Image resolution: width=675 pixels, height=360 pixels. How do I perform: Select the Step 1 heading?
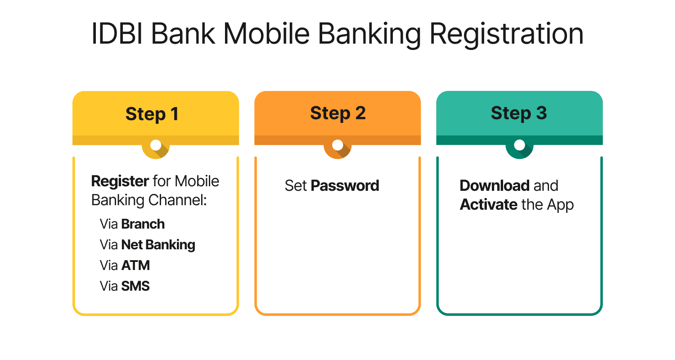coord(152,114)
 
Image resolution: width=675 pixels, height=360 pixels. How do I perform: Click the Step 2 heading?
coord(337,113)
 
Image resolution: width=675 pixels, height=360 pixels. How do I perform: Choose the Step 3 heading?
coord(519,113)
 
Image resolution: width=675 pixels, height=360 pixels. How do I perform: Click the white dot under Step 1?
coord(156,145)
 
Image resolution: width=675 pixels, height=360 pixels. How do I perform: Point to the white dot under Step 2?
coord(337,145)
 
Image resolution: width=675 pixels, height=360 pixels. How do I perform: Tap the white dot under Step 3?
coord(519,145)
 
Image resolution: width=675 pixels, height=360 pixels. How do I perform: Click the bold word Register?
coord(120,182)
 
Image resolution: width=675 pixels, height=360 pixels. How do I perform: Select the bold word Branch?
coord(143,224)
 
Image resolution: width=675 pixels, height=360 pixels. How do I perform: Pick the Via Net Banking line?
coord(148,245)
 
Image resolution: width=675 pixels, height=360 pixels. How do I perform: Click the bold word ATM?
coord(135,265)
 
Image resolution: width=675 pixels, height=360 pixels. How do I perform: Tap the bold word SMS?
coord(135,286)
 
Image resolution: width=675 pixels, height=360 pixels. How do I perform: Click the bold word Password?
coord(345,185)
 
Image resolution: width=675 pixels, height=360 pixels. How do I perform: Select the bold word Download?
coord(494,185)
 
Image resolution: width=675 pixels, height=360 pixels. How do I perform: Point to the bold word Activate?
coord(488,205)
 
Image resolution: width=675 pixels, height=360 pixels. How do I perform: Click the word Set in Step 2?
coord(296,185)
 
